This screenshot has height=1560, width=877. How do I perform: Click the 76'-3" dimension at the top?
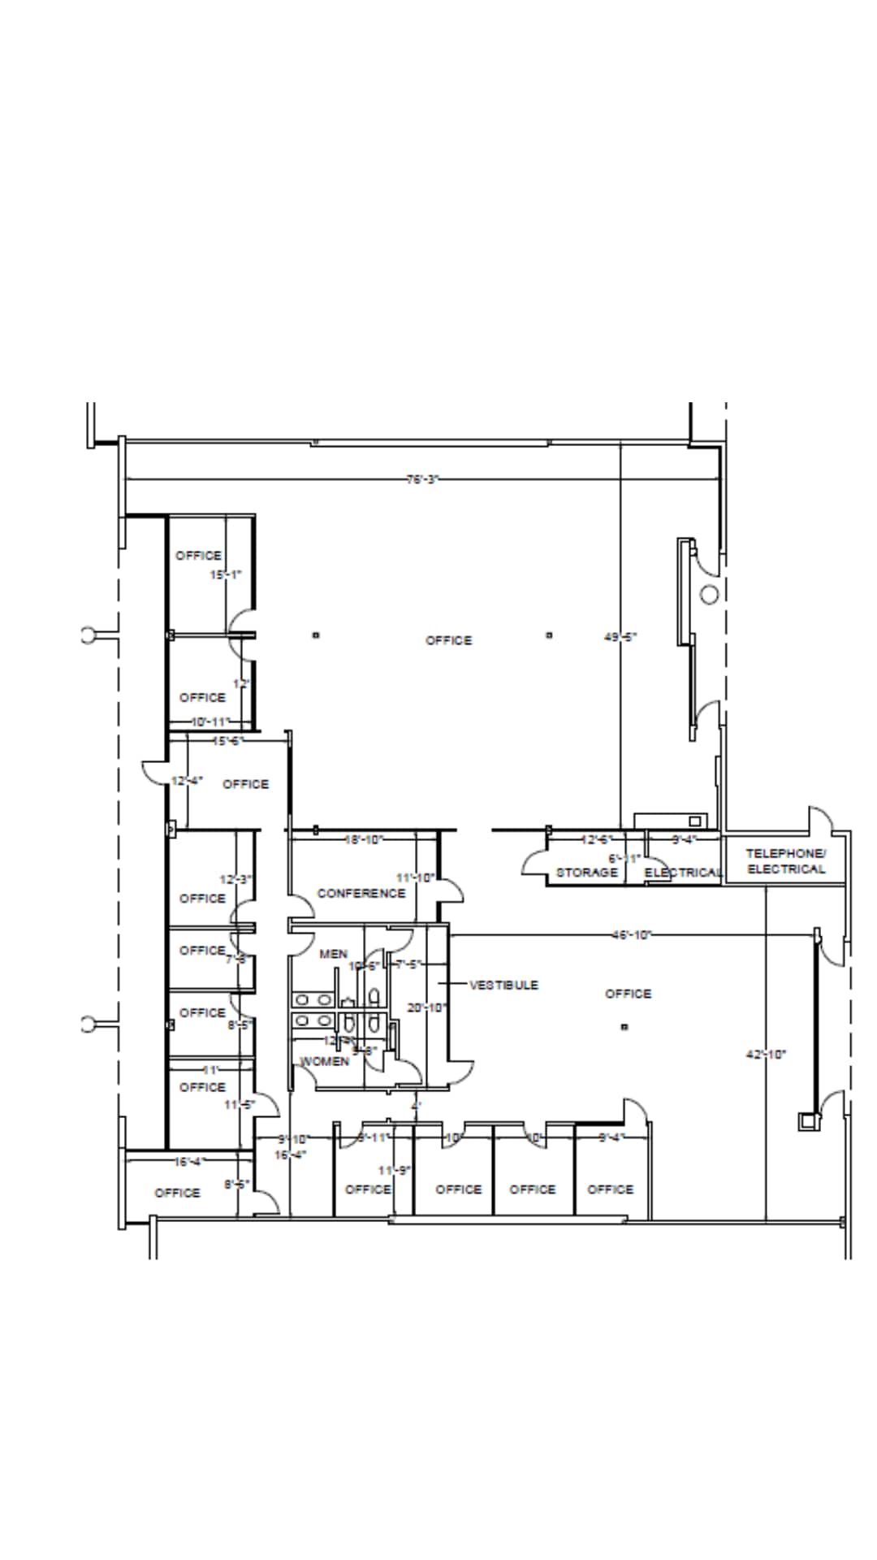[422, 479]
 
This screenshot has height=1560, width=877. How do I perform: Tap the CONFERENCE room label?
[361, 893]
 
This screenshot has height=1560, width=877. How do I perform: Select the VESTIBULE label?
[503, 985]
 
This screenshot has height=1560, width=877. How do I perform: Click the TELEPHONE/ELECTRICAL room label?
[785, 861]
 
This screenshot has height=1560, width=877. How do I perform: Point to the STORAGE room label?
[586, 873]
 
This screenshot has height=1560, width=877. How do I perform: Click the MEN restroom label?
[333, 954]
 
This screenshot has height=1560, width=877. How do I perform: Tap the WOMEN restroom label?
[325, 1061]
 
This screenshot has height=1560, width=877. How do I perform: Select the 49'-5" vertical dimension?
[620, 638]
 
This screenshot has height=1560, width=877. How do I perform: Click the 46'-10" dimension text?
[632, 934]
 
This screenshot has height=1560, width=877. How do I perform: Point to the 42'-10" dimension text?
[766, 1055]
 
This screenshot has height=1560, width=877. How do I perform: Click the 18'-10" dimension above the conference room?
[364, 839]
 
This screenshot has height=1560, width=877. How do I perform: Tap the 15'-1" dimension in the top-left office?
[226, 574]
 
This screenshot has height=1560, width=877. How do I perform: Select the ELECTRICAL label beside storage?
[683, 873]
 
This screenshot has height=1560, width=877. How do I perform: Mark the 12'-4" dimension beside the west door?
[187, 781]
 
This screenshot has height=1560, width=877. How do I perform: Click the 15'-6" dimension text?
[227, 741]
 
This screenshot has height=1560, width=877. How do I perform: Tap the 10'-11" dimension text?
[210, 721]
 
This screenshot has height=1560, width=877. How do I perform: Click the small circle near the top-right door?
[709, 594]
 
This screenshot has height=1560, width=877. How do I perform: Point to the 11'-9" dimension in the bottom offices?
[395, 1170]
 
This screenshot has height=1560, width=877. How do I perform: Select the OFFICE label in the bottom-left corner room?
[177, 1193]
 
